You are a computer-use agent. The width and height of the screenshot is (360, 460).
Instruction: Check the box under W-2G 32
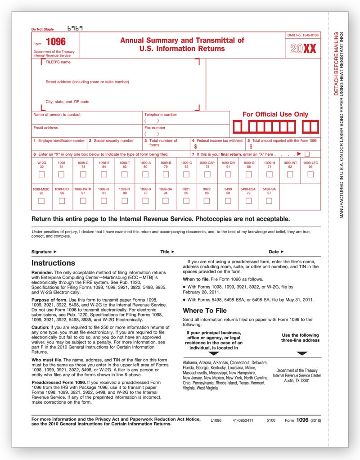click(x=41, y=174)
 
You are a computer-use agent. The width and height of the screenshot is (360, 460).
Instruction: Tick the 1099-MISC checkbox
click(x=41, y=201)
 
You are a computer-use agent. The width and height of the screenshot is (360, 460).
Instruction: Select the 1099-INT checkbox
click(x=290, y=174)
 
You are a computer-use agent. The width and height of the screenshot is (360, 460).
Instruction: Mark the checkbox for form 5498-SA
click(x=269, y=201)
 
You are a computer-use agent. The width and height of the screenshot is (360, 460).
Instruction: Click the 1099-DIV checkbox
click(x=228, y=174)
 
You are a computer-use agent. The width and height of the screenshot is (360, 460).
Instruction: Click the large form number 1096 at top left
click(x=56, y=42)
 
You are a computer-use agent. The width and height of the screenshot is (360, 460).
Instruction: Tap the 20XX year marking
click(x=303, y=49)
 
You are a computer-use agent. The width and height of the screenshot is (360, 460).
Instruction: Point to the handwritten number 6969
click(x=75, y=28)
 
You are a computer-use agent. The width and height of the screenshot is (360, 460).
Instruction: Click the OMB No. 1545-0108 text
click(x=303, y=35)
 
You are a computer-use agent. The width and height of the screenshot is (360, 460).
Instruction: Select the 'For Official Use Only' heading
click(x=275, y=114)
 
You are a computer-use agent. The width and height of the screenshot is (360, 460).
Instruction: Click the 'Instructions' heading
click(x=53, y=263)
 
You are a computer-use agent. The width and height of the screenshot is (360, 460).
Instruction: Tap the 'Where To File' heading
click(x=204, y=311)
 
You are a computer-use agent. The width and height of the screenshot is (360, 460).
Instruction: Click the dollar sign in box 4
click(x=195, y=146)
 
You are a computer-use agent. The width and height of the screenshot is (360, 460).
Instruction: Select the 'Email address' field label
click(x=46, y=128)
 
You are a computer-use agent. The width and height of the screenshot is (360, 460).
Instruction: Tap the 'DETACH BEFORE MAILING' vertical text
click(x=336, y=63)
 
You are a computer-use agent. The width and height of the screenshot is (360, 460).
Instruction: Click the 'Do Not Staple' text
click(x=42, y=30)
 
